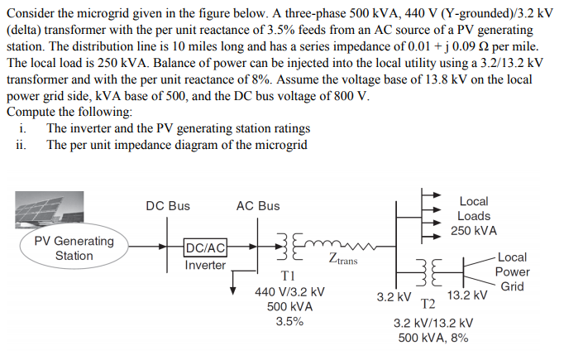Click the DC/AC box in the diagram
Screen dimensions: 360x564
[x=206, y=247]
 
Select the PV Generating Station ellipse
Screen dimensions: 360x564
[x=74, y=248]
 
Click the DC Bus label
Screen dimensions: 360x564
[x=167, y=206]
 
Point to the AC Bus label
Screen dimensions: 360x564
[x=257, y=206]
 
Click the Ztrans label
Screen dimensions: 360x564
[x=342, y=261]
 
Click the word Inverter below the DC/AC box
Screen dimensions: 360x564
[x=205, y=266]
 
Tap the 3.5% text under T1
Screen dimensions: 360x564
[x=289, y=322]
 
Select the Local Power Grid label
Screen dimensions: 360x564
[x=512, y=272]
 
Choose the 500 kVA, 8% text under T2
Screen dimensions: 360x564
[x=433, y=338]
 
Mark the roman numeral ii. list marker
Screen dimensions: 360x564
[x=21, y=145]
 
